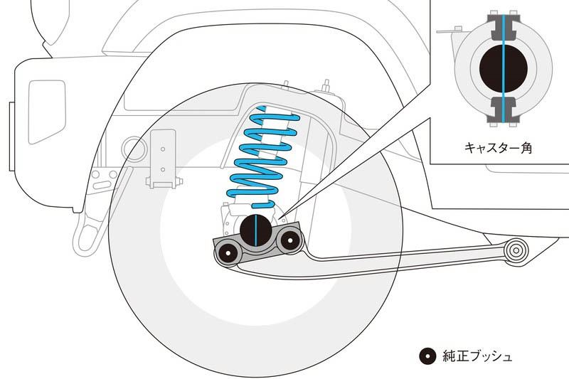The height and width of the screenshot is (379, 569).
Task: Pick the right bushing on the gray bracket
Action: coord(287,241)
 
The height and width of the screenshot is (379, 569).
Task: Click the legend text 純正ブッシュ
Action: coord(477,356)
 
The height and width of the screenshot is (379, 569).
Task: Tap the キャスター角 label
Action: coord(499,149)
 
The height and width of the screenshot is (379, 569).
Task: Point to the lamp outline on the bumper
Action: coord(46,104)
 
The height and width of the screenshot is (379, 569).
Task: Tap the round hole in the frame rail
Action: coord(133,148)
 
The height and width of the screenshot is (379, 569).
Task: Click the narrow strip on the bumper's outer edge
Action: coord(12,136)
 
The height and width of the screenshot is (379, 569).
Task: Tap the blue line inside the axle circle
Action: coord(255,229)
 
